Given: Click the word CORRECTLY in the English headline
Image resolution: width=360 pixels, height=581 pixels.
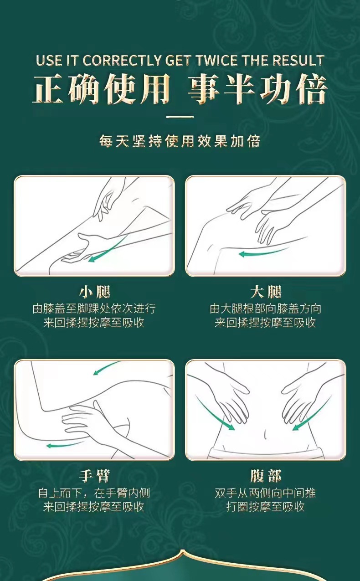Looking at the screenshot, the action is point(122,61).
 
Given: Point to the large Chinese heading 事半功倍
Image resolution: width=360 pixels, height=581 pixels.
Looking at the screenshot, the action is point(257,89).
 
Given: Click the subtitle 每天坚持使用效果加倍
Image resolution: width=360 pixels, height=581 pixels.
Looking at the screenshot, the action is point(180,141).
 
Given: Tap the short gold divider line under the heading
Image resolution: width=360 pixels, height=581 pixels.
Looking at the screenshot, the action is point(180,117).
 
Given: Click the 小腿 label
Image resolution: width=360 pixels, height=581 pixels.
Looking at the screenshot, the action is point(95,292).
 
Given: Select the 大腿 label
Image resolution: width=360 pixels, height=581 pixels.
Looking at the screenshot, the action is point(266,292).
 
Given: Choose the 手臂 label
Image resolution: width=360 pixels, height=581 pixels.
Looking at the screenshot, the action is point(95,476).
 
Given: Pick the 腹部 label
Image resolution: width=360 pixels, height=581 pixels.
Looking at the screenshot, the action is point(266,476).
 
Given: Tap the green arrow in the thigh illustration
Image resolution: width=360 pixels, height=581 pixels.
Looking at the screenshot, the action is point(263,252).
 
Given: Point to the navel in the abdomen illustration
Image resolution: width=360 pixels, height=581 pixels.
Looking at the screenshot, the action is point(265,433).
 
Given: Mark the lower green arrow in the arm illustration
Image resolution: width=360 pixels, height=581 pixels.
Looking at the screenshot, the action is point(65,445).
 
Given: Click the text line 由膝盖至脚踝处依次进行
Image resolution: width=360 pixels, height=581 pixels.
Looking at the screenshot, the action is point(94,308).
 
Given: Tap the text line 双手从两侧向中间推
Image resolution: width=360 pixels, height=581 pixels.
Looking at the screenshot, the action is point(265,493).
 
